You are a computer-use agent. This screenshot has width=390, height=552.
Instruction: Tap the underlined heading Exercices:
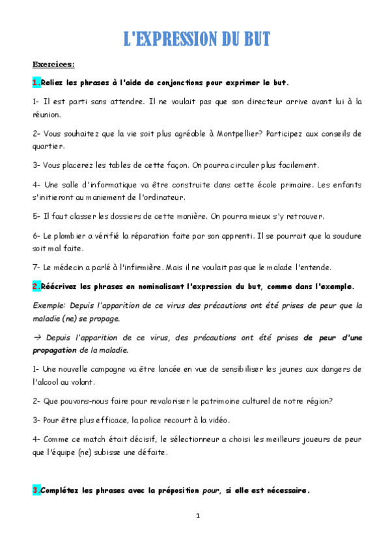pos(53,64)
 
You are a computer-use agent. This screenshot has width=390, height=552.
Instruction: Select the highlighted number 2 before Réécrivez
pos(35,286)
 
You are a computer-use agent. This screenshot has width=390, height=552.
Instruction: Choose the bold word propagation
pos(56,350)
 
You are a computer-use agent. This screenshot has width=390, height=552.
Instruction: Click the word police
pos(145,420)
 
